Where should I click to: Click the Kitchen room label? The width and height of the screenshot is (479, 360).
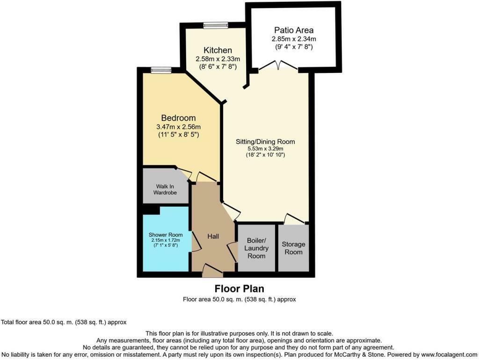[218, 50]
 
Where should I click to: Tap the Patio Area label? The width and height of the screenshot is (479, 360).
[294, 30]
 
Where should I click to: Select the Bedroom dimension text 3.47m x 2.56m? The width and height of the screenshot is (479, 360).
[178, 127]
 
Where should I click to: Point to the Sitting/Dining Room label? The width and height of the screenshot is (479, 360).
[266, 141]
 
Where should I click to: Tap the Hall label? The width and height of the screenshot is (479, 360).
[213, 236]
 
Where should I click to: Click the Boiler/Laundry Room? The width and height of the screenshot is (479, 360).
[256, 248]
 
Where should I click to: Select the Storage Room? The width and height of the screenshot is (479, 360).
[293, 248]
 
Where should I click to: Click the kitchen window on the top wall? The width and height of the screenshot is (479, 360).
[216, 25]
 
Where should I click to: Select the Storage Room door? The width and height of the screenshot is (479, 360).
[294, 218]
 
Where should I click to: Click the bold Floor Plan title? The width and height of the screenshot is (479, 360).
[239, 288]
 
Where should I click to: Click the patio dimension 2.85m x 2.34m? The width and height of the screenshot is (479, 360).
[294, 39]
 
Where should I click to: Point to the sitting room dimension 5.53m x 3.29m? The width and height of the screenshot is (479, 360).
[266, 148]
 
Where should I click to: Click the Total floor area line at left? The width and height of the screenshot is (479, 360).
[64, 322]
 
